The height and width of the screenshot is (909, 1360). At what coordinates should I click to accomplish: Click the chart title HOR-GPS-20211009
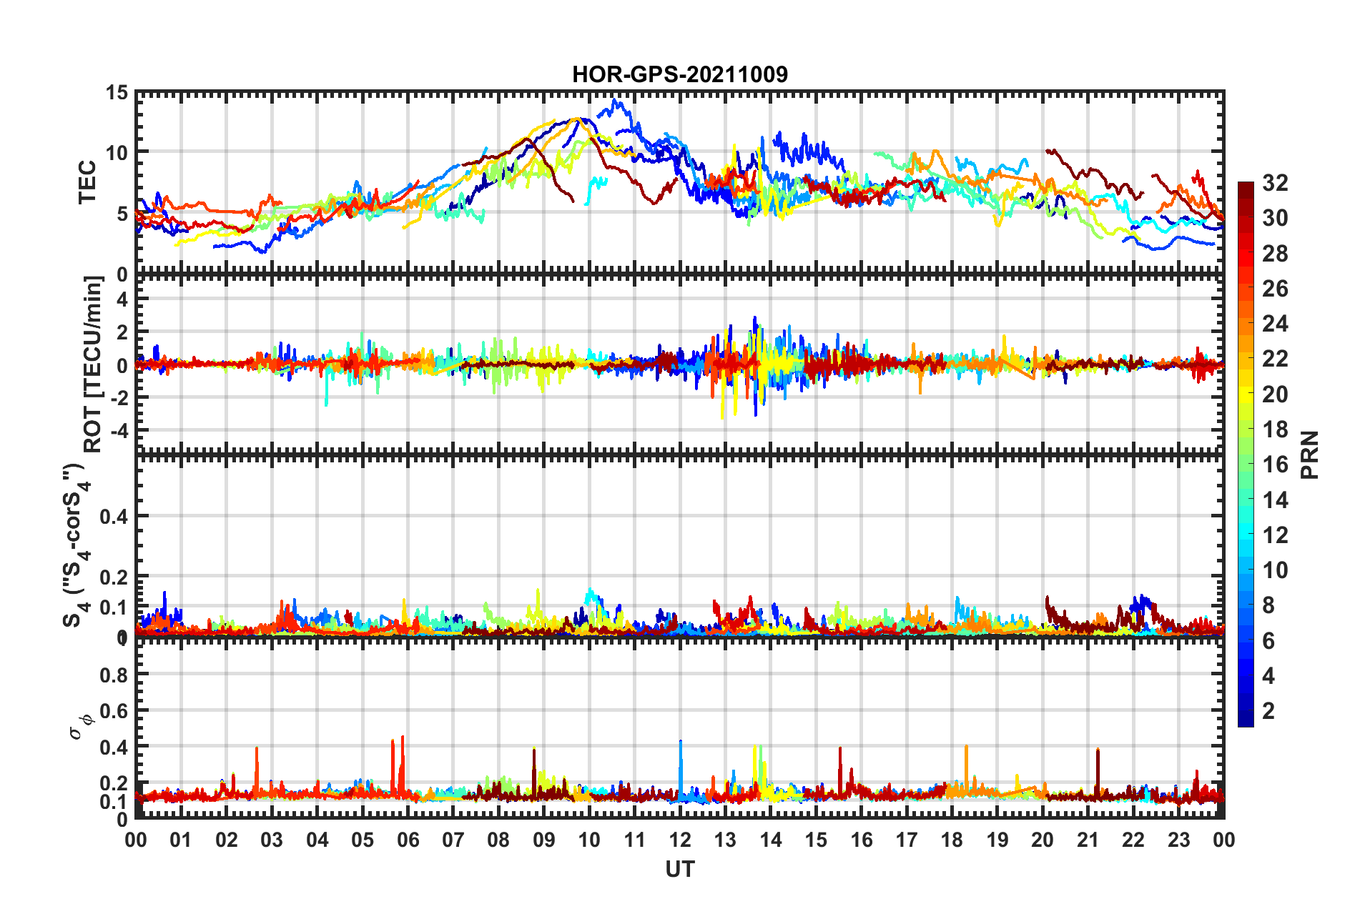(679, 74)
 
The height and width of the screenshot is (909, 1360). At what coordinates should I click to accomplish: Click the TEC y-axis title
(87, 182)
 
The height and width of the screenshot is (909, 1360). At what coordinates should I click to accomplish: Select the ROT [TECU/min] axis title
(93, 364)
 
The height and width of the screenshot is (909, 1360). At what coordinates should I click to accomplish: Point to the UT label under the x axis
(679, 869)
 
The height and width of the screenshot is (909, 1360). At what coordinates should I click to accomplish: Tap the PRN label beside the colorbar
(1309, 454)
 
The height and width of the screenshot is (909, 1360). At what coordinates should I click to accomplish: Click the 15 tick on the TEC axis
(117, 93)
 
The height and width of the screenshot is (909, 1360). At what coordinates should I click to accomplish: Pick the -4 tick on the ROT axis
(119, 431)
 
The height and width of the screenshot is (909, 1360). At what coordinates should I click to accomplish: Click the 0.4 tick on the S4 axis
(114, 516)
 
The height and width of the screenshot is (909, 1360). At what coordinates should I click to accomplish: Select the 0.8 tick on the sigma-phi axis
(114, 675)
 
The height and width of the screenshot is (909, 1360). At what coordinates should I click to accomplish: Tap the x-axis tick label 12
(680, 840)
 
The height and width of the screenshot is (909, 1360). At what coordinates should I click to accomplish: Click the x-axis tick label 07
(453, 840)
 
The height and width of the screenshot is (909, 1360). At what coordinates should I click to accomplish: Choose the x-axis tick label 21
(1088, 840)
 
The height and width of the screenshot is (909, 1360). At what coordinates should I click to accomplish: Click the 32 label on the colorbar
(1275, 183)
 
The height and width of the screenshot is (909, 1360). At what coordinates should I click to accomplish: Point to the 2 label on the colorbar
(1269, 710)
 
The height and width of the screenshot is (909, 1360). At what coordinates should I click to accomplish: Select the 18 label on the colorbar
(1275, 429)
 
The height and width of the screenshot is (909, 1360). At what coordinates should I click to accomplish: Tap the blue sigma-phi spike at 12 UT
(681, 743)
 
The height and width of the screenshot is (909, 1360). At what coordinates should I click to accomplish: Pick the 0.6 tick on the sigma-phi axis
(114, 711)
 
